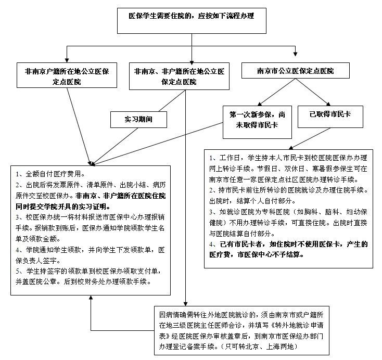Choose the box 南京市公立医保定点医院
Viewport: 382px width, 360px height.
pos(295,70)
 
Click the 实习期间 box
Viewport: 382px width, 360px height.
pos(138,119)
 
